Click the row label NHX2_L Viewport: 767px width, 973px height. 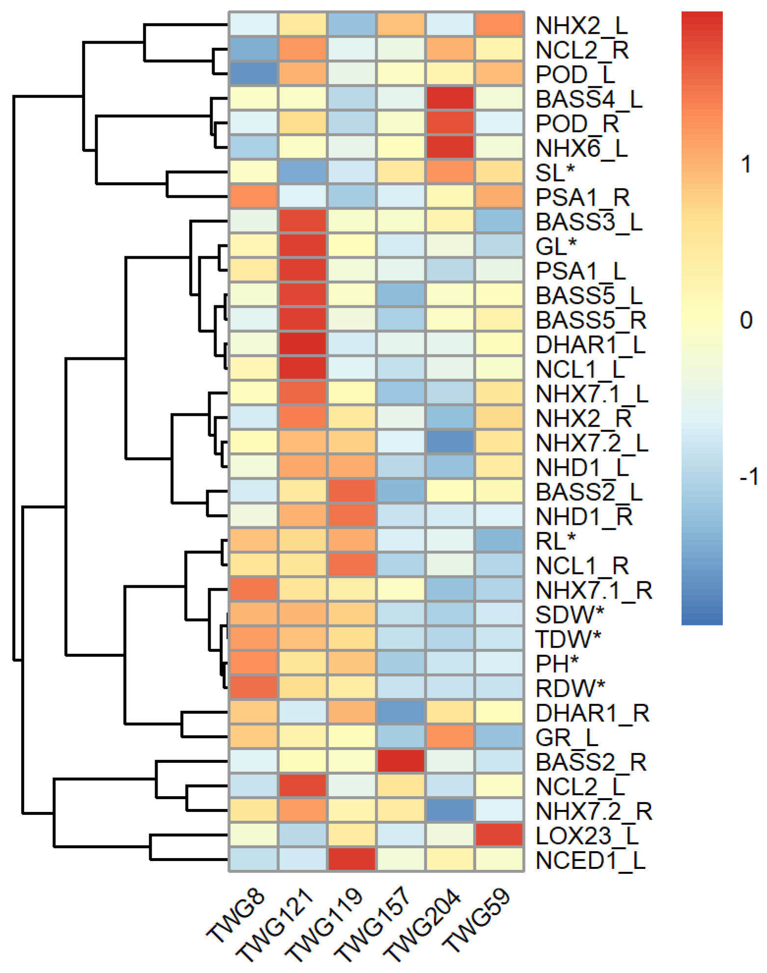point(581,26)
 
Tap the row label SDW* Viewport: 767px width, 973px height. point(570,615)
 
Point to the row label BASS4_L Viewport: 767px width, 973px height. point(589,99)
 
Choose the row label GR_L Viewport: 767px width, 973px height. point(567,737)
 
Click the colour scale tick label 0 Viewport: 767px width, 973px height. point(746,320)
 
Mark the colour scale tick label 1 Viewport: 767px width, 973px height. point(746,164)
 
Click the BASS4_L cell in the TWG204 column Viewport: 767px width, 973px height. point(450,98)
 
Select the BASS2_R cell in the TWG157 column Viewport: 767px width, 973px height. point(401,761)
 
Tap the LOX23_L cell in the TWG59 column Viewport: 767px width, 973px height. point(499,835)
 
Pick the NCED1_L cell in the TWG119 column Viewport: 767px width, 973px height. point(352,859)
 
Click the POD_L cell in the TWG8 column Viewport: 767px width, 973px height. point(254,74)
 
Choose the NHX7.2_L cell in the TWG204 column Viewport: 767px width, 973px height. point(450,442)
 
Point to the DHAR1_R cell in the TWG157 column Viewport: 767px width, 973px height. point(401,712)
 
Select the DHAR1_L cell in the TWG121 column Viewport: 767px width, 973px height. point(302,344)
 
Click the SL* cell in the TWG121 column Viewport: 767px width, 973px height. point(302,172)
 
